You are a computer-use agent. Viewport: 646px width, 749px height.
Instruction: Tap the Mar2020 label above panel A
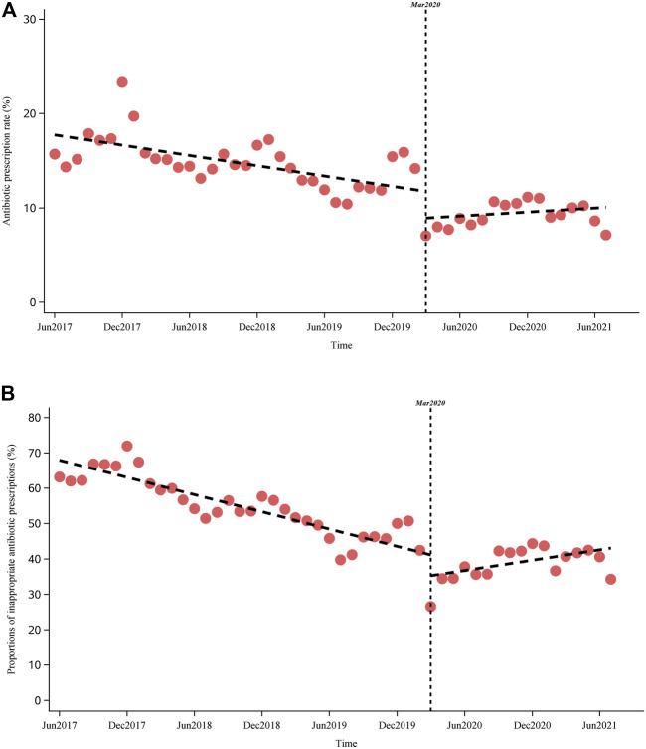pos(425,5)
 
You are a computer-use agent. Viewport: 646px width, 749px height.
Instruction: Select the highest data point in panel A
pos(122,82)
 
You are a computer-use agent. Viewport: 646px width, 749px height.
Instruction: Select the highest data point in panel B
pos(127,447)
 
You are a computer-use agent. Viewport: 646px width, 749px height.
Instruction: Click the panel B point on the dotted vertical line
pos(430,607)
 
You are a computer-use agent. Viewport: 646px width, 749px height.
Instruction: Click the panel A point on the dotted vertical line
pos(425,236)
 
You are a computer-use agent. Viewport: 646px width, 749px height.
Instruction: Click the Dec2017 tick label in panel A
pos(121,325)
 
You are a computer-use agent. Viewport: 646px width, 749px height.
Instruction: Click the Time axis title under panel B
pos(346,742)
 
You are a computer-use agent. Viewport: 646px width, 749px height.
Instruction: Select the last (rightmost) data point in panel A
pos(605,235)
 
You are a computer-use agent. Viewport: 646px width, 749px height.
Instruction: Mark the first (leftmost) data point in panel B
pos(59,477)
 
